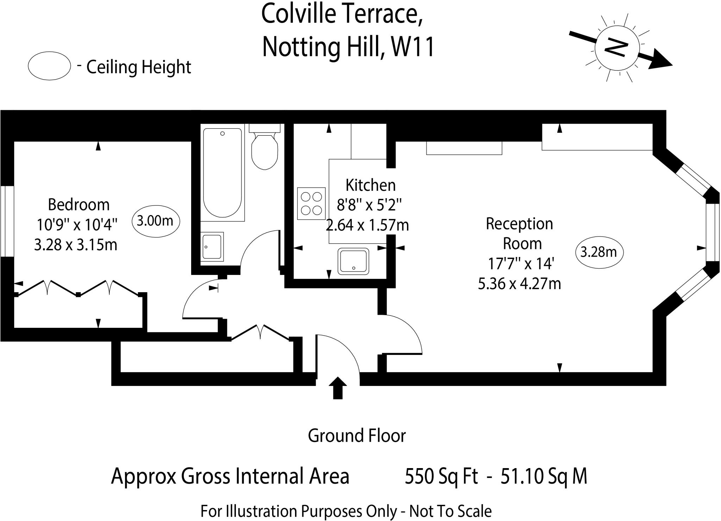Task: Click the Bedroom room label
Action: click(79, 204)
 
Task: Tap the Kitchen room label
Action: click(370, 185)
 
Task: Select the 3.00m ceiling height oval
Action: click(155, 221)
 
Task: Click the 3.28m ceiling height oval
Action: click(598, 252)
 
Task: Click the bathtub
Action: click(222, 172)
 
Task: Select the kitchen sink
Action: click(353, 261)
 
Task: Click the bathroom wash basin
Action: click(212, 246)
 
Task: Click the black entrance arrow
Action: click(338, 387)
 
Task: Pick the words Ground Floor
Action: click(357, 436)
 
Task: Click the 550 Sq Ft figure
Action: click(441, 476)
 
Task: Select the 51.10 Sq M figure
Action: click(544, 476)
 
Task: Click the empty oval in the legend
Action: click(50, 66)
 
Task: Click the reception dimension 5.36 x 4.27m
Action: click(519, 283)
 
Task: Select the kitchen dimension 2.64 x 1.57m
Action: click(368, 225)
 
